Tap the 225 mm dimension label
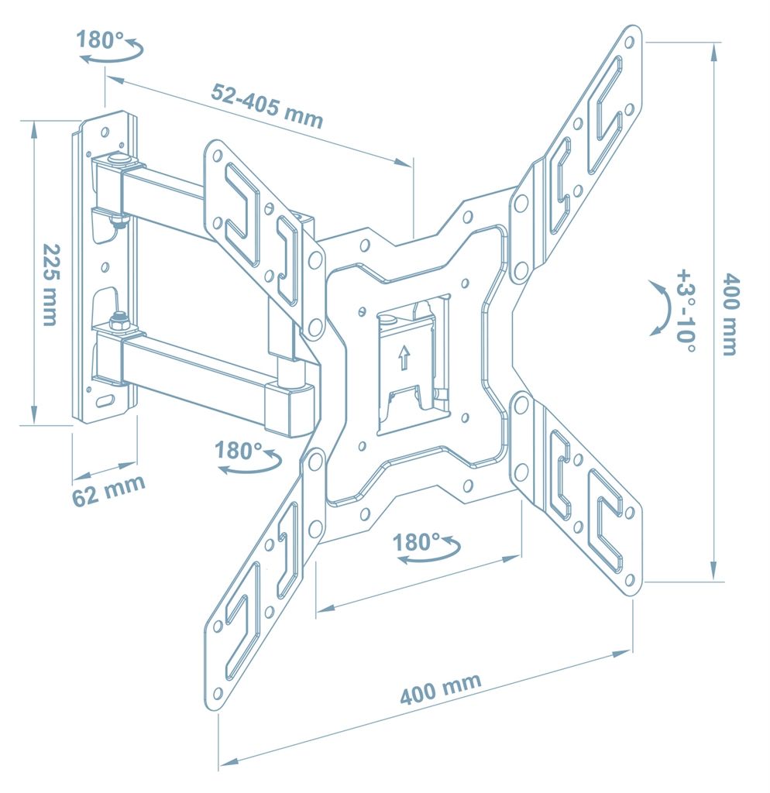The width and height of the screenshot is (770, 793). pyautogui.click(x=51, y=285)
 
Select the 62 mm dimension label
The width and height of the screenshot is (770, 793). pyautogui.click(x=108, y=490)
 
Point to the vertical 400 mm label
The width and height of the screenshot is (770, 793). pyautogui.click(x=730, y=314)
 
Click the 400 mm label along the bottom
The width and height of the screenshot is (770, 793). pyautogui.click(x=440, y=689)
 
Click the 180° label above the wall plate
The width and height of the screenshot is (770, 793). pyautogui.click(x=100, y=39)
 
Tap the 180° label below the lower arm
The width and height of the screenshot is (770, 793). pyautogui.click(x=239, y=450)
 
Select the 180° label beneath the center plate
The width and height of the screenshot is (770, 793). pyautogui.click(x=416, y=542)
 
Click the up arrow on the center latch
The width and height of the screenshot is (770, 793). pyautogui.click(x=404, y=358)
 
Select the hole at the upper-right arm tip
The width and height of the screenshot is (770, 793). pyautogui.click(x=629, y=43)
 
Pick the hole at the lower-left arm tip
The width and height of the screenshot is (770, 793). pyautogui.click(x=218, y=692)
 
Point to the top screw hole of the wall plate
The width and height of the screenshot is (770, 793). pyautogui.click(x=105, y=133)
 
